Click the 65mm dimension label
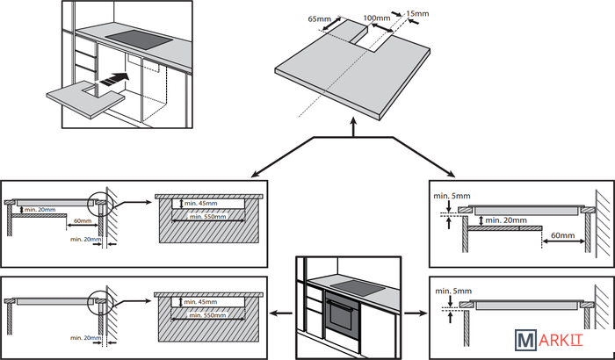point(320,18)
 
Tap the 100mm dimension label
point(376,18)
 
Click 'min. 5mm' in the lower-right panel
point(452,290)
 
